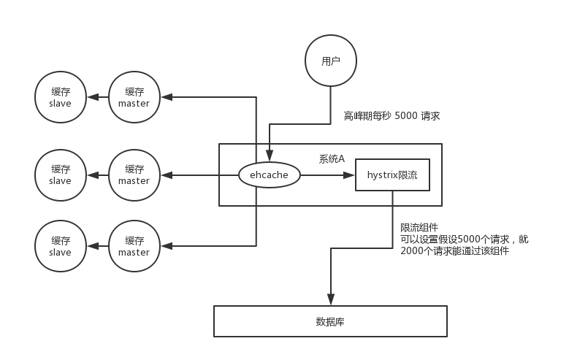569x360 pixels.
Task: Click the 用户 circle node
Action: [331, 61]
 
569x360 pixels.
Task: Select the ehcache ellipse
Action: [270, 175]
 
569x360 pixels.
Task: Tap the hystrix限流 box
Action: [392, 175]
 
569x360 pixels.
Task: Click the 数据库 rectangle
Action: [330, 321]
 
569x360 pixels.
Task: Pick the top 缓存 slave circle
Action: [60, 97]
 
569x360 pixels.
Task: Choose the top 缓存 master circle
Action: [134, 97]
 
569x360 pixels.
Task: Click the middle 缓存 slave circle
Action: [60, 175]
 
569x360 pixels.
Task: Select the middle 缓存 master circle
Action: [134, 175]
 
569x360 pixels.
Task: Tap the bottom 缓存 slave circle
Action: [60, 246]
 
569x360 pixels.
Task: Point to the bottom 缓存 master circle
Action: [134, 246]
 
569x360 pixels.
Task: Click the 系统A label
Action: [332, 158]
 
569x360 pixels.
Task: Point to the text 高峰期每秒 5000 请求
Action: [392, 116]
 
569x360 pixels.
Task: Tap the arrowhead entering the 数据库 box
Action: [331, 299]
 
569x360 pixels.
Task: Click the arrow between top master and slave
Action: [97, 97]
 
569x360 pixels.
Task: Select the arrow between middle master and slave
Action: [97, 175]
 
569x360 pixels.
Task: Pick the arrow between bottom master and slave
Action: [97, 246]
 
